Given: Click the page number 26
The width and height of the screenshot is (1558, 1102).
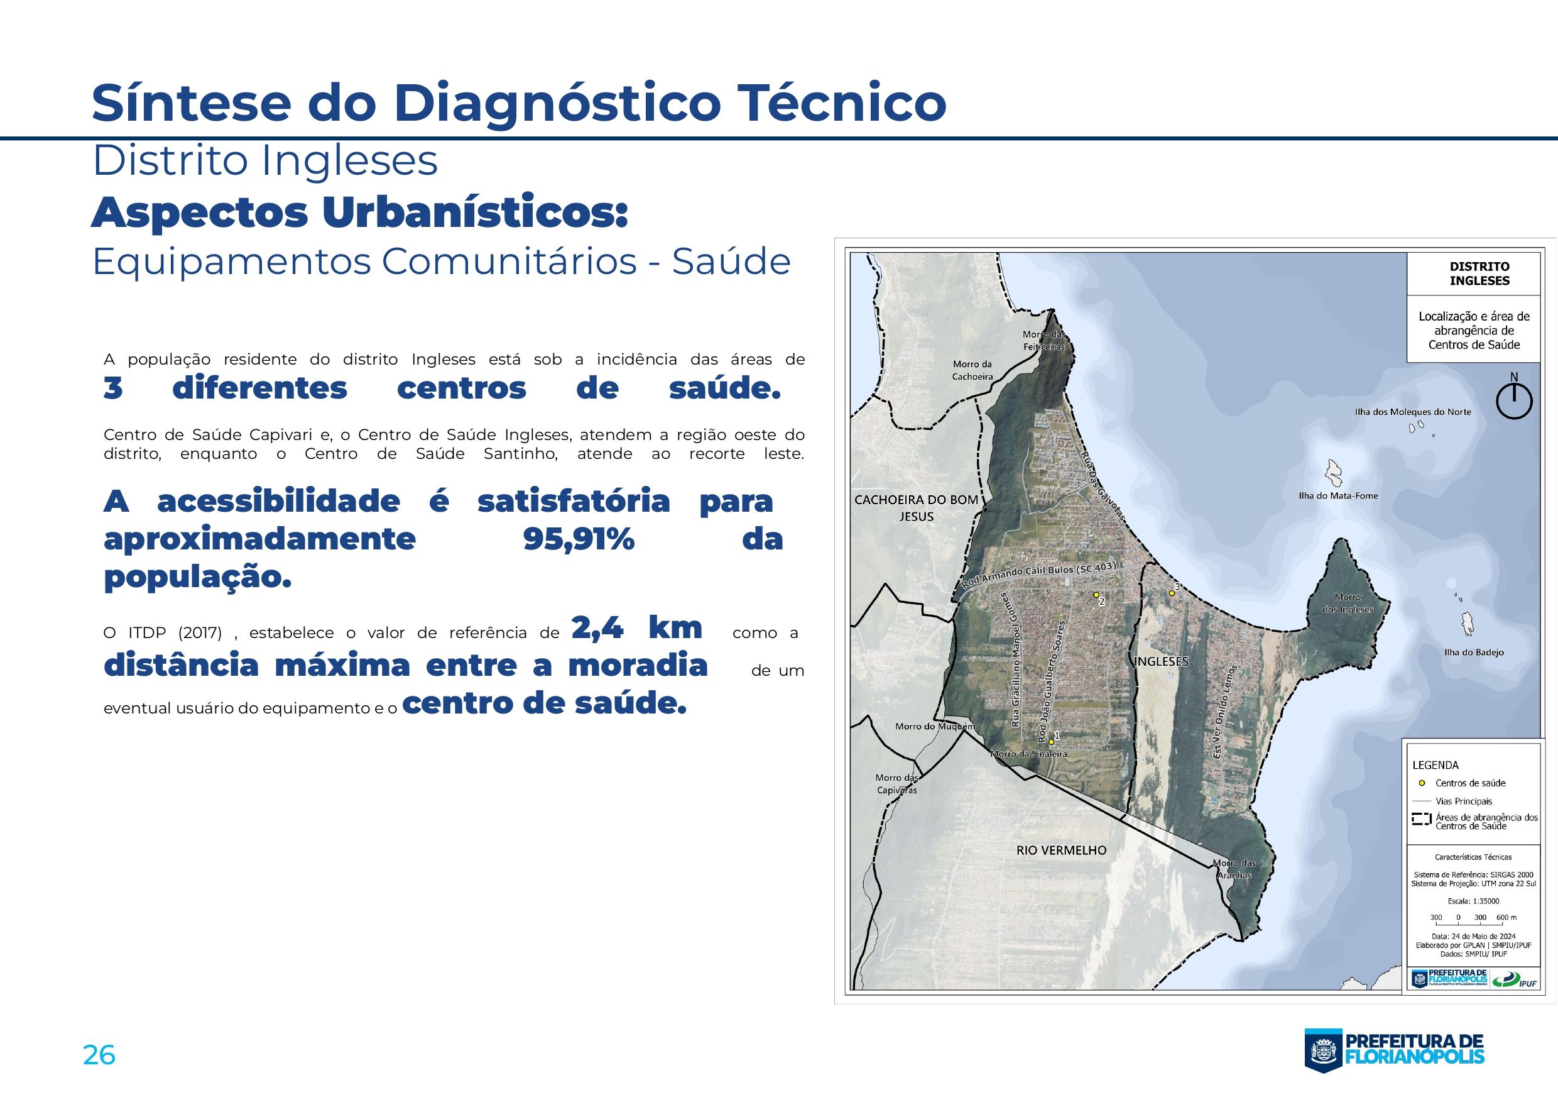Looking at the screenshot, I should tap(99, 1056).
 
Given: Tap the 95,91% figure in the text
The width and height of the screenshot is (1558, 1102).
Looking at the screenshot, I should tap(578, 540).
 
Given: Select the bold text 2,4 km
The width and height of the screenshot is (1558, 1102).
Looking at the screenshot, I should tap(636, 627).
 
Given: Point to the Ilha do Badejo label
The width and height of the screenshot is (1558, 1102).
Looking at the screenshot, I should tap(1474, 653).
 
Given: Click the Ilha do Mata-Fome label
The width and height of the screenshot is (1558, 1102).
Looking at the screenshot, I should tap(1338, 495).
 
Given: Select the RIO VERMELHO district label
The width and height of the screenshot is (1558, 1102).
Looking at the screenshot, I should tap(1061, 850).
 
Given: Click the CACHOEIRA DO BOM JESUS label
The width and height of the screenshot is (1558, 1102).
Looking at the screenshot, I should tap(916, 508).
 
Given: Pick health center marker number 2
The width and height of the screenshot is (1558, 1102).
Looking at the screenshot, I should tap(1096, 595).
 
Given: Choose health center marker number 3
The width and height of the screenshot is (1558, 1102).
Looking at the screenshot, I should tap(1171, 593).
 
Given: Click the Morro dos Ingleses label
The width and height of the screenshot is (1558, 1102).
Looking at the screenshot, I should tap(1348, 603).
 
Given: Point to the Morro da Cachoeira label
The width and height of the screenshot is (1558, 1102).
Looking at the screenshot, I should tap(972, 370).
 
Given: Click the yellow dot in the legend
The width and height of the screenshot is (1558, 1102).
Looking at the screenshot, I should tap(1422, 783).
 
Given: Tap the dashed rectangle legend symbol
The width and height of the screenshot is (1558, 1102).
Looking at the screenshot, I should tap(1422, 820).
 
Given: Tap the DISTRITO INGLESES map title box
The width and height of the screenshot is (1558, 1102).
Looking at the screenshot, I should tap(1479, 273).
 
